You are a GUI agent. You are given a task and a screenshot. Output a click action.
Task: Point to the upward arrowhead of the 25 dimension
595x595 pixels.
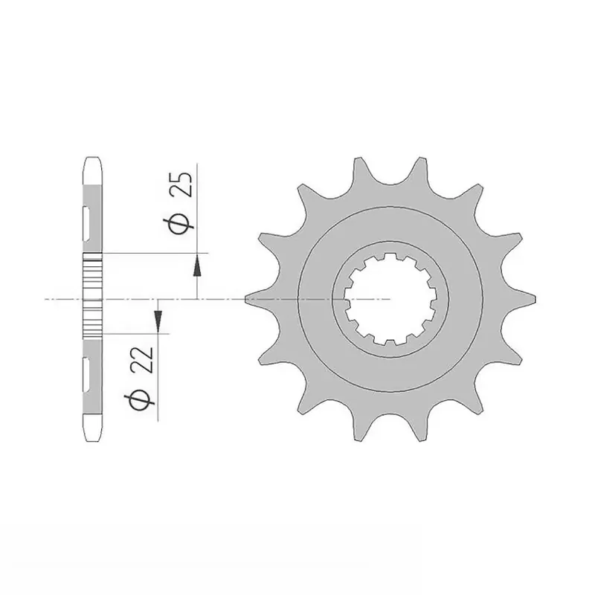coord(197,261)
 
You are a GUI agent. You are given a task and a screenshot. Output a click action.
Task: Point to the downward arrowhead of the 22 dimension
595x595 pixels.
coord(157,321)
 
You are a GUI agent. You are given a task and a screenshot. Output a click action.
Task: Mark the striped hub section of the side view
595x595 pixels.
coord(93,294)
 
